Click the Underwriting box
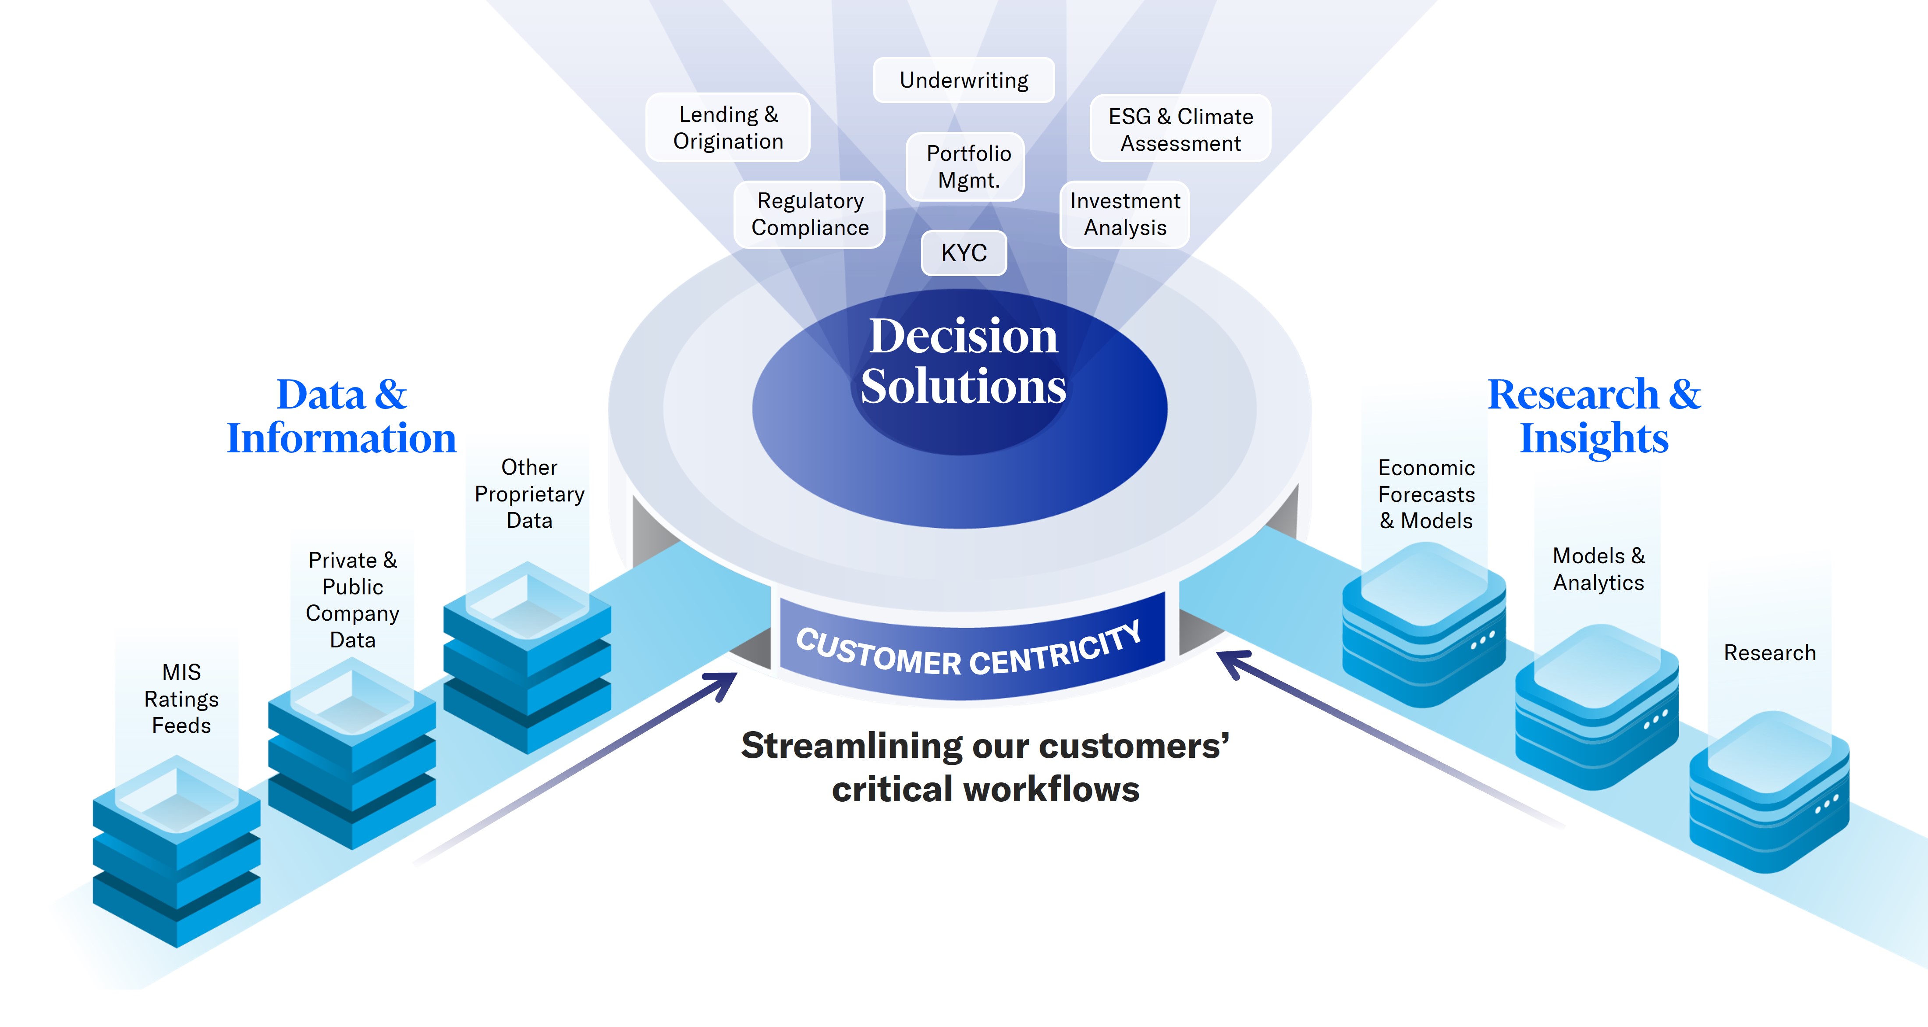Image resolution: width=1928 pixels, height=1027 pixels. pos(964,80)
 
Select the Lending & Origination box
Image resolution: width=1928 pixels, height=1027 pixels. pos(728,128)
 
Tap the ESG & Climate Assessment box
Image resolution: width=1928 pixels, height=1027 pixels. pos(1180,129)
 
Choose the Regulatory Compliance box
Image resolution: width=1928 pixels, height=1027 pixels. pos(810,215)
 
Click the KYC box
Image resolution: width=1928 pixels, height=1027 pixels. pos(964,253)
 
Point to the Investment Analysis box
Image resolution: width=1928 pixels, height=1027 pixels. pos(1125,215)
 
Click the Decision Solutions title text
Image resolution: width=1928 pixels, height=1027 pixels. pos(963,361)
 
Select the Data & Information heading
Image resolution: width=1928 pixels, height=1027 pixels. pos(341,416)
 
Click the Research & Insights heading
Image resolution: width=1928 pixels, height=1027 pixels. pos(1594,416)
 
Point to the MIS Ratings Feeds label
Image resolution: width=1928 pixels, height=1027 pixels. pos(181,698)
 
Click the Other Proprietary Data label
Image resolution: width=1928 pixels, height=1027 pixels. pos(529,494)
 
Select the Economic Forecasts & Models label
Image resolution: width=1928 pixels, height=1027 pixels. pos(1427,494)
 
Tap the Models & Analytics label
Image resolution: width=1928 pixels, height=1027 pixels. pos(1598,569)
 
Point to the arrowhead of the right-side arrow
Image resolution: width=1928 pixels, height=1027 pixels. pos(1230,662)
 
